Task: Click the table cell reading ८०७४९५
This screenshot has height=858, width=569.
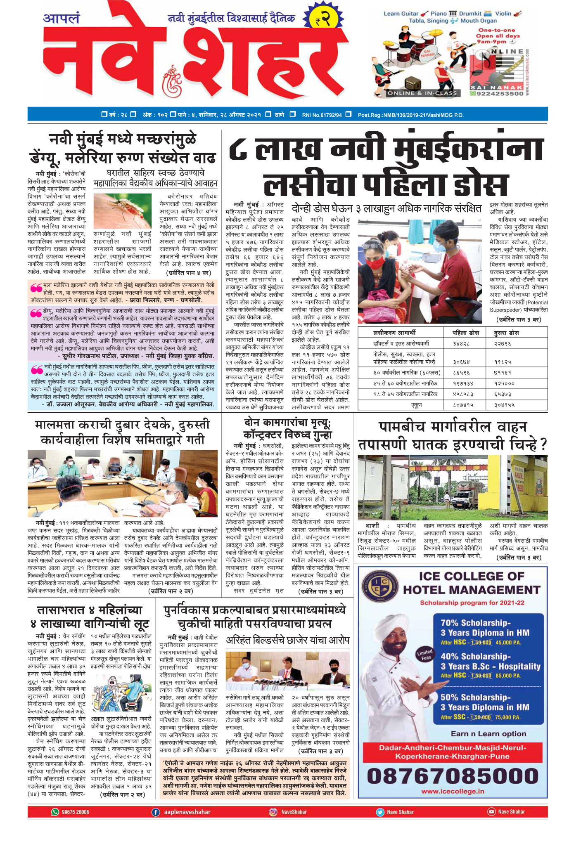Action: (x=463, y=405)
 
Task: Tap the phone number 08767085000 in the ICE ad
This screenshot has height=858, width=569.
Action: (x=453, y=776)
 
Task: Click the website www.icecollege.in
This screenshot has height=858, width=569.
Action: (x=453, y=791)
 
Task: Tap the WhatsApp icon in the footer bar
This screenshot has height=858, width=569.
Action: (x=55, y=812)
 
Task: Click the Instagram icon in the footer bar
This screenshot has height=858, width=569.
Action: (x=273, y=812)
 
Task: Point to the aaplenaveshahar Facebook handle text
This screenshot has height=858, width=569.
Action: (x=187, y=812)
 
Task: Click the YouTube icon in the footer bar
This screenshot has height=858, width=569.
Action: (x=491, y=812)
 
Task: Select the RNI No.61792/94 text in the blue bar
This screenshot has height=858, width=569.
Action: (x=322, y=115)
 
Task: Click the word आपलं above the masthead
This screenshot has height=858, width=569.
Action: (x=61, y=19)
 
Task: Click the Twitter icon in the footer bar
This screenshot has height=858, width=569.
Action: (x=380, y=812)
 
